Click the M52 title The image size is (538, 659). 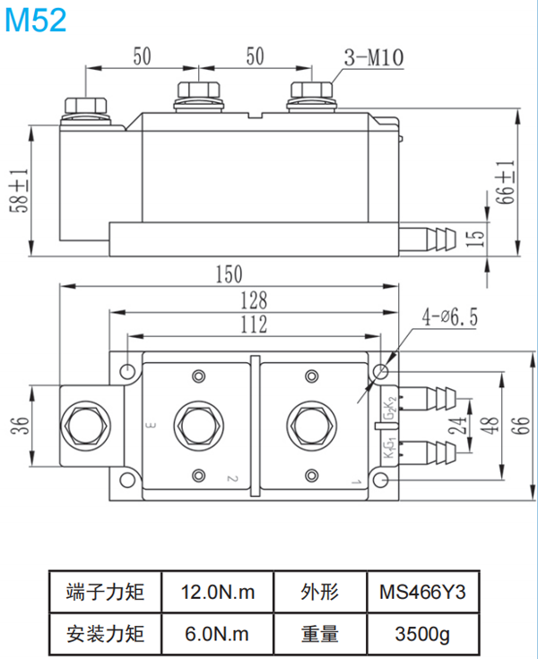click(36, 20)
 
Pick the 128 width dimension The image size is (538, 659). click(254, 300)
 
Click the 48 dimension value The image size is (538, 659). click(490, 421)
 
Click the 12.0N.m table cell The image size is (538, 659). click(218, 593)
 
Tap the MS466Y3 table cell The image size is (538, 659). click(423, 593)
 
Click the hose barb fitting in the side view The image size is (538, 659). click(434, 239)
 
